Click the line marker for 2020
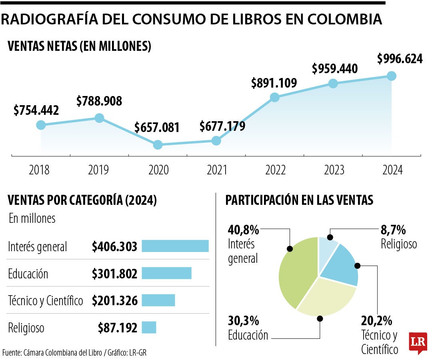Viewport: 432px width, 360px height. click(158, 144)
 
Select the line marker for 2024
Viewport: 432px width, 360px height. click(392, 76)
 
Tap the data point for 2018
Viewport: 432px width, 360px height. click(41, 125)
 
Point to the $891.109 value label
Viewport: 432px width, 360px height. click(274, 83)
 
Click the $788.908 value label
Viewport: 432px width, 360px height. click(99, 101)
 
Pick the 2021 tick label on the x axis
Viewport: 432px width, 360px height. click(217, 170)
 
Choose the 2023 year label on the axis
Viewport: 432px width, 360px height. click(334, 170)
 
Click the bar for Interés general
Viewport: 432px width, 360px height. click(175, 246)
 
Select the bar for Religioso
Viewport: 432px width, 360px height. click(149, 328)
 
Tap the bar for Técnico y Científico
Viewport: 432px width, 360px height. click(158, 300)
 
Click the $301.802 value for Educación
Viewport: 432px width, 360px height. click(114, 274)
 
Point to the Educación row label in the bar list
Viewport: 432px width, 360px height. click(28, 274)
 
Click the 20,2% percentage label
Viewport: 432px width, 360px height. click(376, 321)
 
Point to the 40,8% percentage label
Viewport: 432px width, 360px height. click(243, 230)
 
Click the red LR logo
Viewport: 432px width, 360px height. click(418, 342)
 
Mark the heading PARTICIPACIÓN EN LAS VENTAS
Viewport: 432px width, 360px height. click(299, 200)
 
